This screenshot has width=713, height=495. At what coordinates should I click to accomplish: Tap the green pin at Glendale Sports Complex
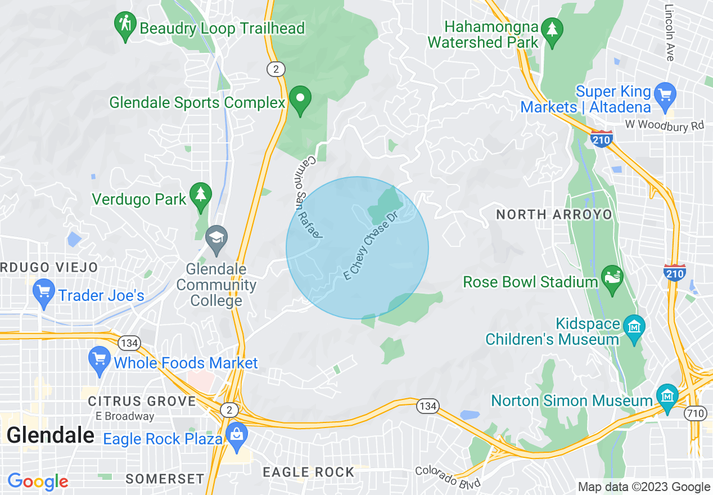tap(300, 99)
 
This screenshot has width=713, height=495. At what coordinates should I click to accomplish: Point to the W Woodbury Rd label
tap(664, 125)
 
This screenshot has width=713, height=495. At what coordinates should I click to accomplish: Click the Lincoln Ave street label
tap(669, 33)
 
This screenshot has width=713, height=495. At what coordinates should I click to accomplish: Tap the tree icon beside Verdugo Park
tap(200, 195)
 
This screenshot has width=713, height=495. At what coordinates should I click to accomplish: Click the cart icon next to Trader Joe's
tap(44, 292)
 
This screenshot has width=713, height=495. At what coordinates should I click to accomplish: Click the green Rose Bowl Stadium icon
tap(612, 278)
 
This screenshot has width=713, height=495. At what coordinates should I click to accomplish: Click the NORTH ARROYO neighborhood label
tap(554, 214)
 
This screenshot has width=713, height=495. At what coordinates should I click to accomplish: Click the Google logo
tap(38, 481)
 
